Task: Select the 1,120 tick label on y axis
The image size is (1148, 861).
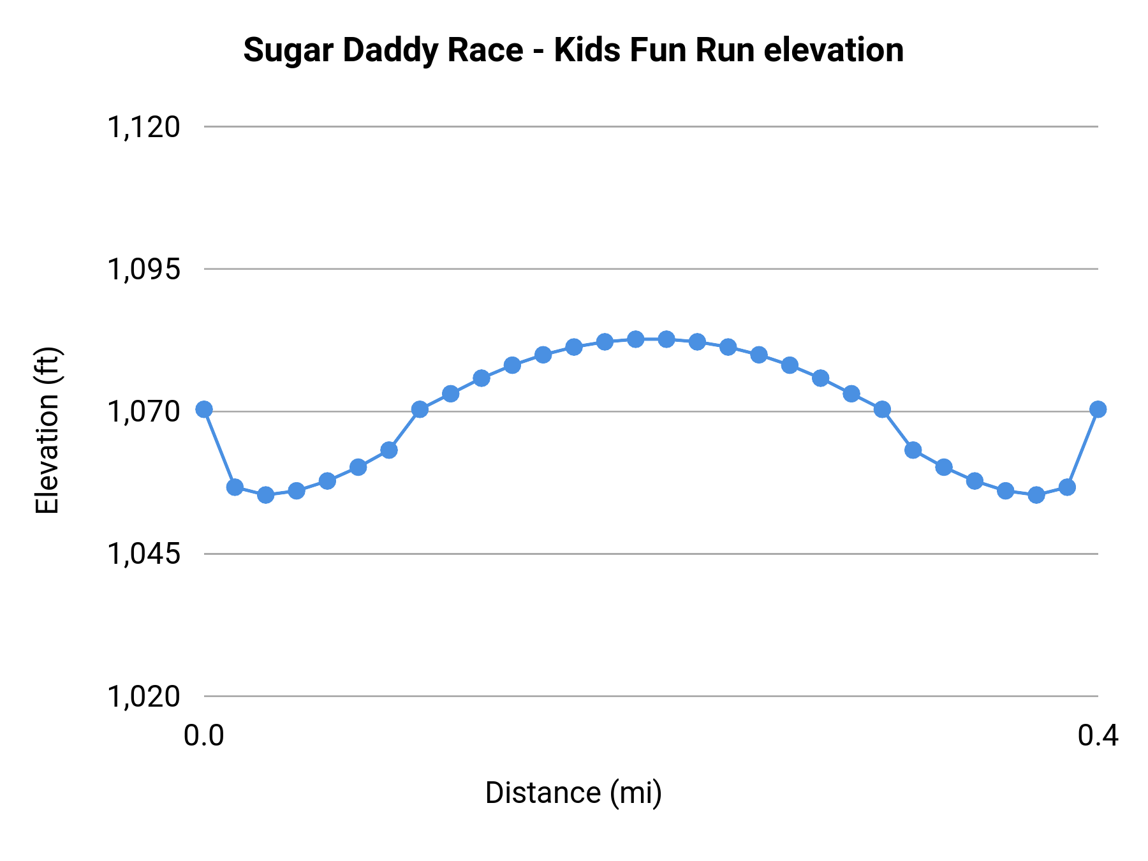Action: pos(143,127)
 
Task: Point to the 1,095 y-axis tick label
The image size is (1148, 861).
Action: pos(143,269)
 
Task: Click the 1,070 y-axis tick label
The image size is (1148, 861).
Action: pos(143,411)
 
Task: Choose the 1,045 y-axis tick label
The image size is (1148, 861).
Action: pos(143,554)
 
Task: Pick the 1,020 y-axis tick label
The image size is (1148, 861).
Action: pos(143,696)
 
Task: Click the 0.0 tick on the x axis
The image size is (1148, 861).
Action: pos(204,736)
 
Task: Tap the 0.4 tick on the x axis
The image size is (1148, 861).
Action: pos(1098,736)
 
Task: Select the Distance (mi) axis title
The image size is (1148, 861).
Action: pos(573,793)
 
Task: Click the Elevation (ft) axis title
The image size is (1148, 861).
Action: pos(47,430)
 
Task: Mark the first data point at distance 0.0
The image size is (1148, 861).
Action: pos(204,409)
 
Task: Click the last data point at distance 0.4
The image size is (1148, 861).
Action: pos(1098,409)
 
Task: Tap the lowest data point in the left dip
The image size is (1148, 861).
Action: pos(266,495)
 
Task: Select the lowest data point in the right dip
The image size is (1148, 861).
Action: pos(1036,495)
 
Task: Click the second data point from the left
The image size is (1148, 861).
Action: pos(235,487)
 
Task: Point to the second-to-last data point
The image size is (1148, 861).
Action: pos(1067,487)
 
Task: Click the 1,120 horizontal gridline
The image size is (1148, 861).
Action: pos(638,127)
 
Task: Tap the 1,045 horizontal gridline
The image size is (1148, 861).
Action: pos(638,554)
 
